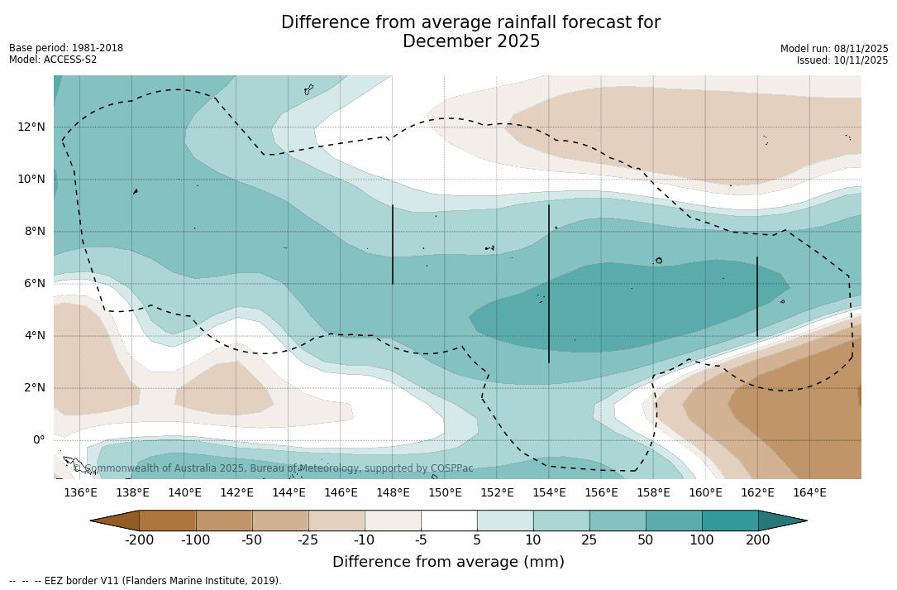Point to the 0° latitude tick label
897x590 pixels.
pos(38,439)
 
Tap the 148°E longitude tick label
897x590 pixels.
pos(393,493)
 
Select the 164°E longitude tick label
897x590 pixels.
pos(809,493)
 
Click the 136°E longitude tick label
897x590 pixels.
pos(80,493)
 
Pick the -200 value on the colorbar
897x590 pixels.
pos(139,540)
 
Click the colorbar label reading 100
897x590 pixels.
pos(702,540)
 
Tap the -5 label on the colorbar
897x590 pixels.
pos(421,540)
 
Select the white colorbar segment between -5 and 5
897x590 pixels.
pos(449,520)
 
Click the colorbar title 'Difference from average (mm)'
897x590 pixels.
pos(448,563)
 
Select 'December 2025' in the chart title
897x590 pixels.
pos(471,41)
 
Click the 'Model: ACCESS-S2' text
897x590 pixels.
pos(53,60)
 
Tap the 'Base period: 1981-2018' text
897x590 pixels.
pos(66,48)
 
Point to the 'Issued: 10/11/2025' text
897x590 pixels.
pos(842,60)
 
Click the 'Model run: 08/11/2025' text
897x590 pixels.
pos(834,49)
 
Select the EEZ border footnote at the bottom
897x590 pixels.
pos(146,581)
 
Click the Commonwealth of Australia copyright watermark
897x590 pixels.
pos(274,468)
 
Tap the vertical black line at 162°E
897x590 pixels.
pos(757,296)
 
